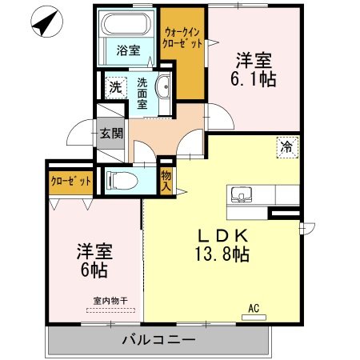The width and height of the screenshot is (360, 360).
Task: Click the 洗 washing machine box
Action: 115,87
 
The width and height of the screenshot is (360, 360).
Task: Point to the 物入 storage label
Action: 166,181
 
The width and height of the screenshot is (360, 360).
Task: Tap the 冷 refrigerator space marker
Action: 286,146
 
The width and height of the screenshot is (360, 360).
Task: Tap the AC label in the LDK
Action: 254,307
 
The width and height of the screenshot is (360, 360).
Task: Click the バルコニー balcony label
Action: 158,338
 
